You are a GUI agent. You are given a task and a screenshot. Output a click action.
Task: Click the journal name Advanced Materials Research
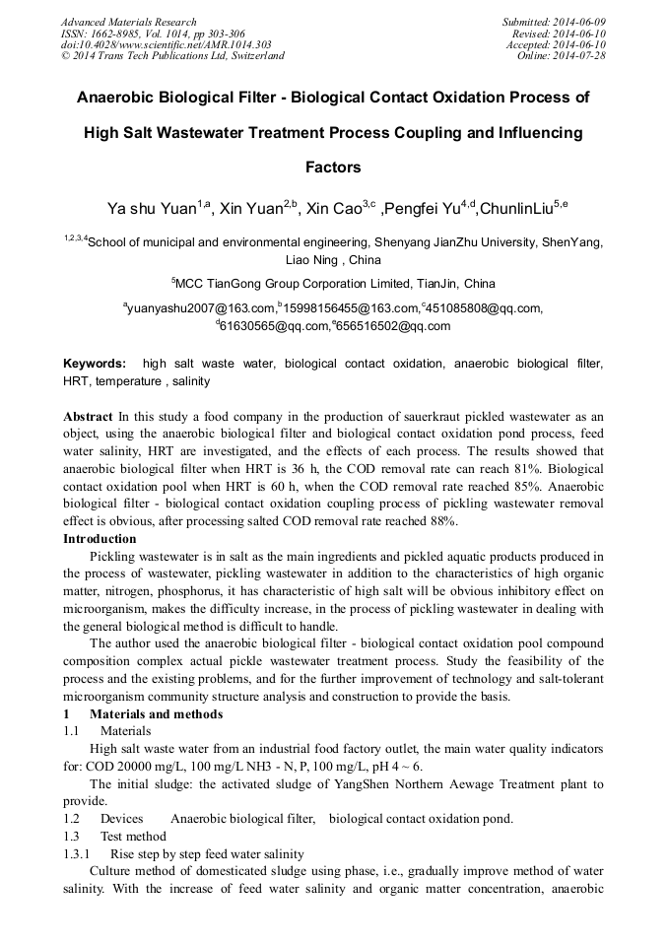click(128, 22)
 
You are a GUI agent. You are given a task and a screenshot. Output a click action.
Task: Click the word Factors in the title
click(333, 168)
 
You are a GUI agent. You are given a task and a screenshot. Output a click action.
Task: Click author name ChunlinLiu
click(519, 209)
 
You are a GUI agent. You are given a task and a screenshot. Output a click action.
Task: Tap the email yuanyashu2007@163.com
click(201, 308)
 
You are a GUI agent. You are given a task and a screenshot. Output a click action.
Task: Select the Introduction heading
click(100, 539)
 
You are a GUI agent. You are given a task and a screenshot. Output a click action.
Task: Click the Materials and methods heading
click(156, 714)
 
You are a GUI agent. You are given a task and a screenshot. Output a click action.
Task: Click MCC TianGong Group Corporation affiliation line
click(333, 283)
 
